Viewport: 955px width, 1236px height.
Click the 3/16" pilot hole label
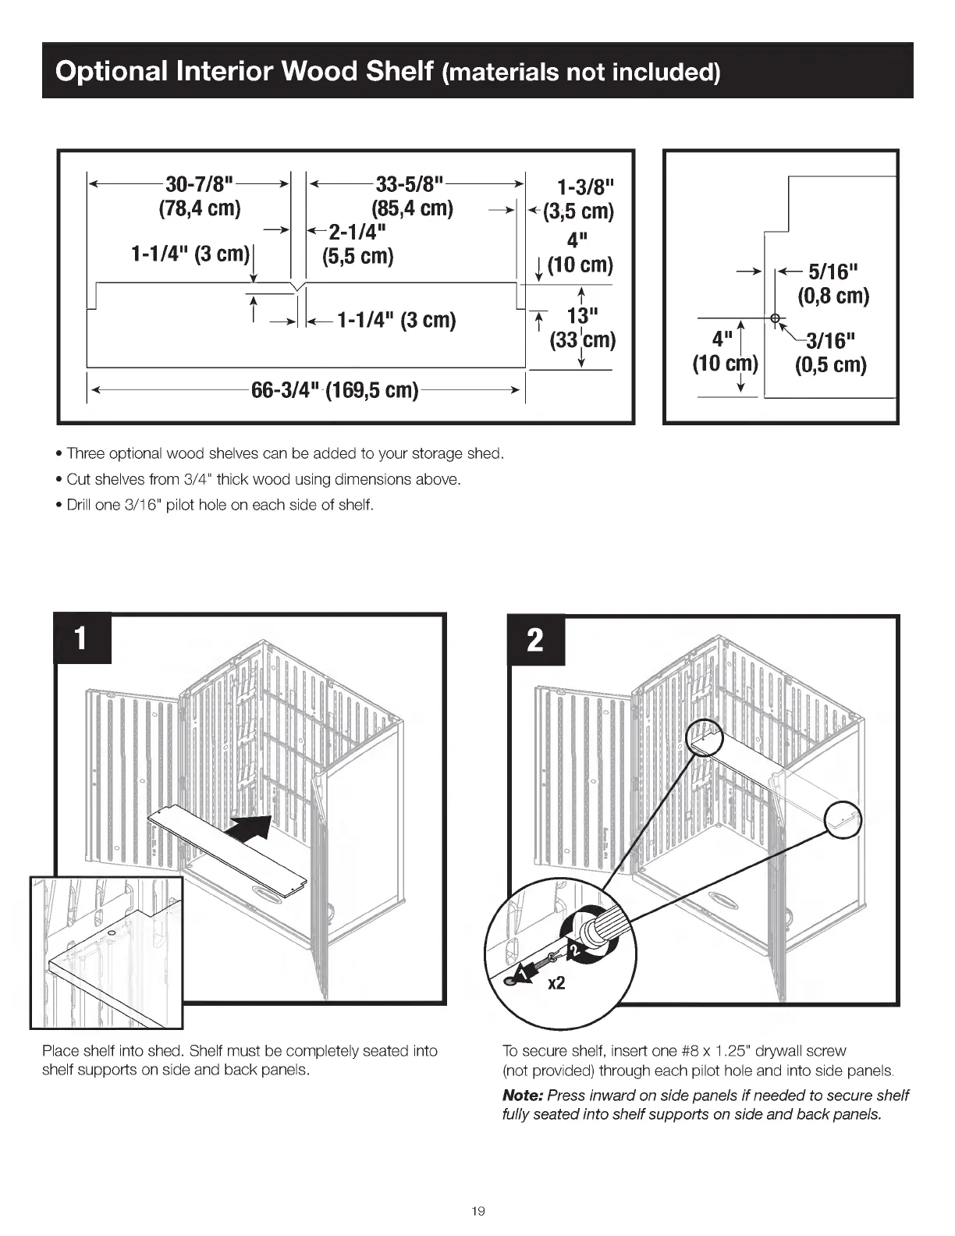click(830, 341)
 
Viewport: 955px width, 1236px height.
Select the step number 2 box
click(535, 641)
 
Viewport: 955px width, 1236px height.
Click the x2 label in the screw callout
click(556, 984)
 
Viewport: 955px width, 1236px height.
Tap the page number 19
click(478, 1210)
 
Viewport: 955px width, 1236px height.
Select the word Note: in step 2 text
click(523, 1096)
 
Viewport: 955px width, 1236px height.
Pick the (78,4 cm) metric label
click(200, 209)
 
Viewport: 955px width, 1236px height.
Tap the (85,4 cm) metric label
click(412, 209)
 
